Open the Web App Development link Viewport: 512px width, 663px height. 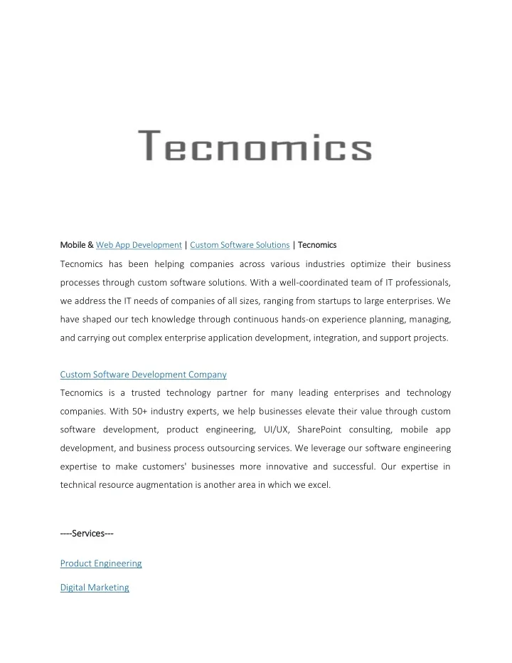139,245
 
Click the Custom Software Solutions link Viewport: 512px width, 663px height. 240,245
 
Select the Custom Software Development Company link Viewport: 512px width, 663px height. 143,374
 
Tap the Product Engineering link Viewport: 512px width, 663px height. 101,563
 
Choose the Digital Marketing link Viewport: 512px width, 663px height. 95,588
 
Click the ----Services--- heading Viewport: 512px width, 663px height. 87,533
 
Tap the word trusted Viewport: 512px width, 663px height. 144,393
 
